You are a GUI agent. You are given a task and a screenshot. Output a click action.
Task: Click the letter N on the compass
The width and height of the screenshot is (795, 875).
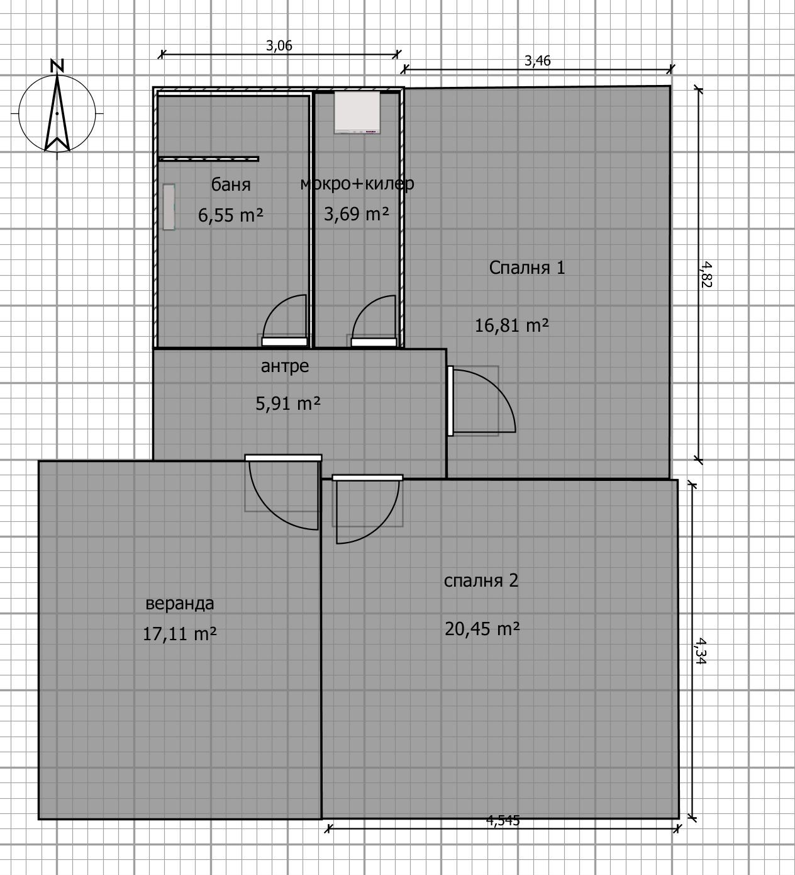57,65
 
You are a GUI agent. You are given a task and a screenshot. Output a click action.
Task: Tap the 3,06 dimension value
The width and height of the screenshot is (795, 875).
279,45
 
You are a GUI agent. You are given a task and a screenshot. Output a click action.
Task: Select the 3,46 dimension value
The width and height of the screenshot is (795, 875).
537,60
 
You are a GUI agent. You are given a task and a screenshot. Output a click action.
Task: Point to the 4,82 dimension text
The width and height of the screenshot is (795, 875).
706,274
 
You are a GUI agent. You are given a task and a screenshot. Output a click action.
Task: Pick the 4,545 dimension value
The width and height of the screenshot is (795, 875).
503,820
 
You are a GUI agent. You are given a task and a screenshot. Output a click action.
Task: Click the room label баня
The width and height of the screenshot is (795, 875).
231,184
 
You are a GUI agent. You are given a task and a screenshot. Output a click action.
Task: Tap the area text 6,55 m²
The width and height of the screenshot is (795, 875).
231,215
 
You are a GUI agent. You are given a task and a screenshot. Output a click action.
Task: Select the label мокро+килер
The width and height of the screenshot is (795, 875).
357,184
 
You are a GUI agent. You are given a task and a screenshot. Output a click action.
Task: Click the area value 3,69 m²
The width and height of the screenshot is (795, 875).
356,214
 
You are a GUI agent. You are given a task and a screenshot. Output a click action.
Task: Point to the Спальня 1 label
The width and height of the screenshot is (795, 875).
527,268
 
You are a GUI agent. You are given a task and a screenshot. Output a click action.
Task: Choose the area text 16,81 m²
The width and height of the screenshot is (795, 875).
511,325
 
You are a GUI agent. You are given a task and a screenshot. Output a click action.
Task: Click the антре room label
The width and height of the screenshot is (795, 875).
285,366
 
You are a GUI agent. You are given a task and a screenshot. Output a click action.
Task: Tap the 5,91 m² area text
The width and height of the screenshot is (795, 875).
287,404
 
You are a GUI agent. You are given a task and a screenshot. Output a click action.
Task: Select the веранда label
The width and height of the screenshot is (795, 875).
180,604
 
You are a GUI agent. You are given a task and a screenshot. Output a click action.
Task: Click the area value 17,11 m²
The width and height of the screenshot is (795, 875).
180,634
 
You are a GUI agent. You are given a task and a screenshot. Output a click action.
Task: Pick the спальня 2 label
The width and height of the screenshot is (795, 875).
481,580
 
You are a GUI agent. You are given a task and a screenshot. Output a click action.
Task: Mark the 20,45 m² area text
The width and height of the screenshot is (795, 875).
482,628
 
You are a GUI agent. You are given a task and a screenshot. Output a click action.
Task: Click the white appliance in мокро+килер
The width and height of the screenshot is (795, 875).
357,112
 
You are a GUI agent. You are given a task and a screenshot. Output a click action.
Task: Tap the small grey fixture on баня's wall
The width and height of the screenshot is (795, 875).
169,206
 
